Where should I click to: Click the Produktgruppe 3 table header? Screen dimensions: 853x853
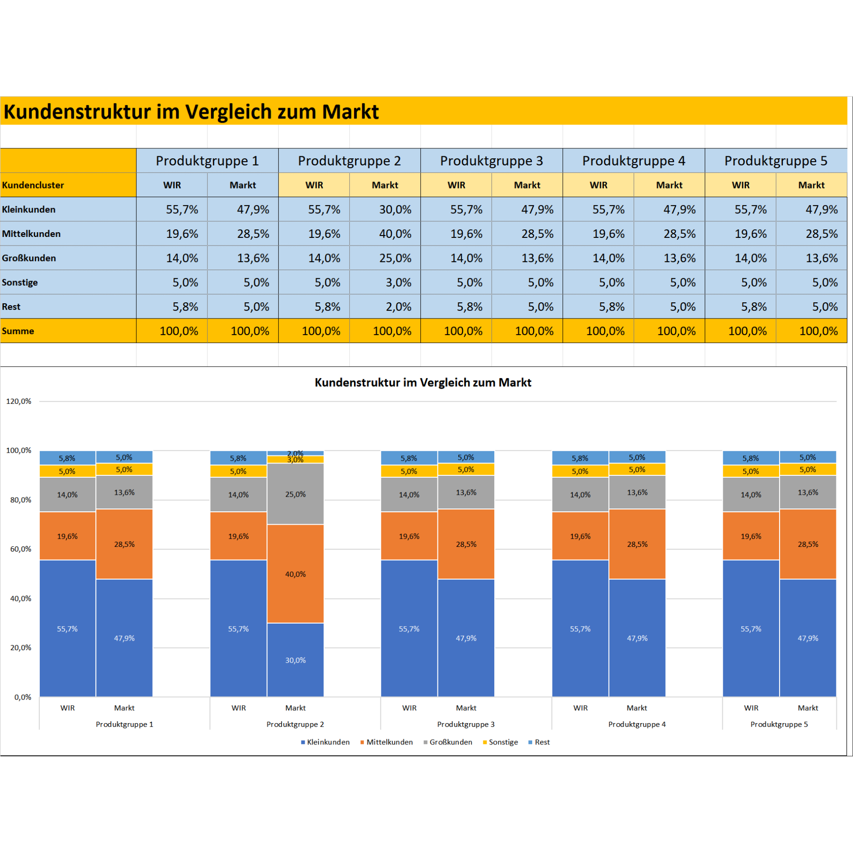(x=491, y=161)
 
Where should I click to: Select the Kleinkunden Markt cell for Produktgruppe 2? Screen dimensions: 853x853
(x=385, y=209)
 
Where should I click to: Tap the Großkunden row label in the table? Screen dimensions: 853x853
(x=29, y=258)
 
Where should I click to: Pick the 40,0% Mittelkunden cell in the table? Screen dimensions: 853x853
(x=385, y=234)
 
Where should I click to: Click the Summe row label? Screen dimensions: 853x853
(x=18, y=331)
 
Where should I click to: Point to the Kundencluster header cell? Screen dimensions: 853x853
(x=33, y=185)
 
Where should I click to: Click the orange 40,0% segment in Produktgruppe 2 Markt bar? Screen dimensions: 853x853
(x=295, y=574)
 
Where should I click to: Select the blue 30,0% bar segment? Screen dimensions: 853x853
(x=295, y=660)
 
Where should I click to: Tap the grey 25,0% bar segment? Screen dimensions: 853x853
(x=295, y=494)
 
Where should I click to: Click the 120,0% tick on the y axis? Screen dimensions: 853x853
(x=18, y=401)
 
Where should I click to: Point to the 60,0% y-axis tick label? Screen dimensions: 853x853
(x=20, y=549)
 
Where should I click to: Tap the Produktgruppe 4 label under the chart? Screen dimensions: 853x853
(x=637, y=724)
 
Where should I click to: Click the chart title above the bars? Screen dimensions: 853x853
(x=423, y=382)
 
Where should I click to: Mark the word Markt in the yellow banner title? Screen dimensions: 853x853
(x=350, y=112)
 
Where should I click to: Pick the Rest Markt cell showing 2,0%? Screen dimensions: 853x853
(x=385, y=307)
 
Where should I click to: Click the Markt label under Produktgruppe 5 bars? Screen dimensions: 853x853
(x=808, y=708)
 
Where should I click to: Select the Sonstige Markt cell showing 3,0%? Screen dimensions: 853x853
(x=385, y=282)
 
